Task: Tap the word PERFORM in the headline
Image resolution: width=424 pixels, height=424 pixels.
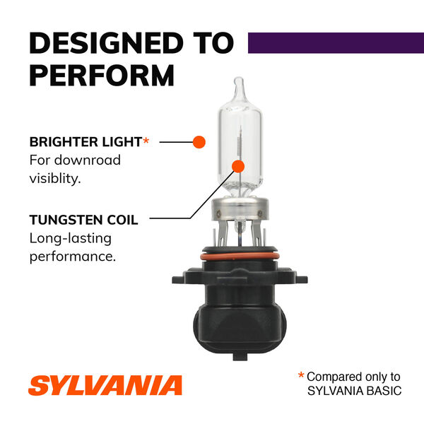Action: coord(102,74)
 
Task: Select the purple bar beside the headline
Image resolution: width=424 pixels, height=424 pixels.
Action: coord(330,42)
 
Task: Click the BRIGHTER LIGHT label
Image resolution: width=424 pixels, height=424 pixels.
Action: coord(85,142)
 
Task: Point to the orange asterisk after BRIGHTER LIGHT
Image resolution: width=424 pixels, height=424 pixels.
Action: coord(146,141)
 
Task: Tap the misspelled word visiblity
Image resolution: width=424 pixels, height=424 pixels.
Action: coord(55,179)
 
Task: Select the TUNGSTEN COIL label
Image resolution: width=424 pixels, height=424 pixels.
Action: coord(83,220)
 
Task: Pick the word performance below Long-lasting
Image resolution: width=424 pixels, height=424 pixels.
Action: coord(72,257)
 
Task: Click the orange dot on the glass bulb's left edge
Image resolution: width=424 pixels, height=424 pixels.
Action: coord(199,141)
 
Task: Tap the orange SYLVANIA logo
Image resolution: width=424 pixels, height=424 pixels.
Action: coord(105,386)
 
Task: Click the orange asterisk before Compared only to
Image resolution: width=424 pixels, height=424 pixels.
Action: coord(301,376)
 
